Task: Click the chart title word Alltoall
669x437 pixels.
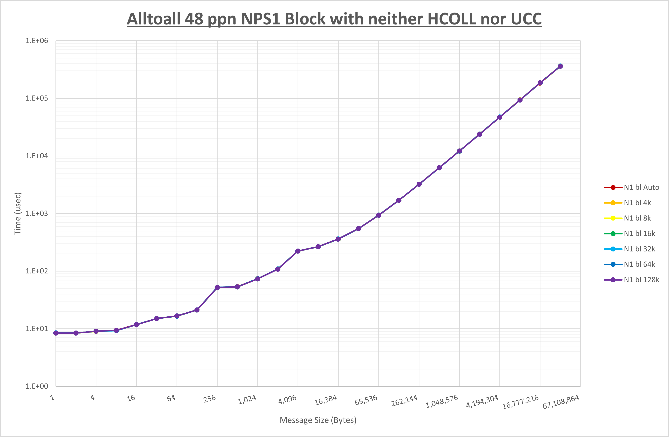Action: point(153,19)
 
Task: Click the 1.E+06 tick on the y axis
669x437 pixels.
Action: point(37,41)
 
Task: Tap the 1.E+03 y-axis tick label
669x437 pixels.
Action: point(37,214)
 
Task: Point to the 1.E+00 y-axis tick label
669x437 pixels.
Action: point(37,386)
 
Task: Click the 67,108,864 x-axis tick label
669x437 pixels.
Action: point(561,402)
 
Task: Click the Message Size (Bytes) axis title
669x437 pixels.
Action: point(318,420)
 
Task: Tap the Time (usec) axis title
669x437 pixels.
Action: point(18,214)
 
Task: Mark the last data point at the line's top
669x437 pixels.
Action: point(560,66)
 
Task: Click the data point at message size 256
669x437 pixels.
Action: point(217,288)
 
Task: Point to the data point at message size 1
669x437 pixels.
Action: point(56,333)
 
